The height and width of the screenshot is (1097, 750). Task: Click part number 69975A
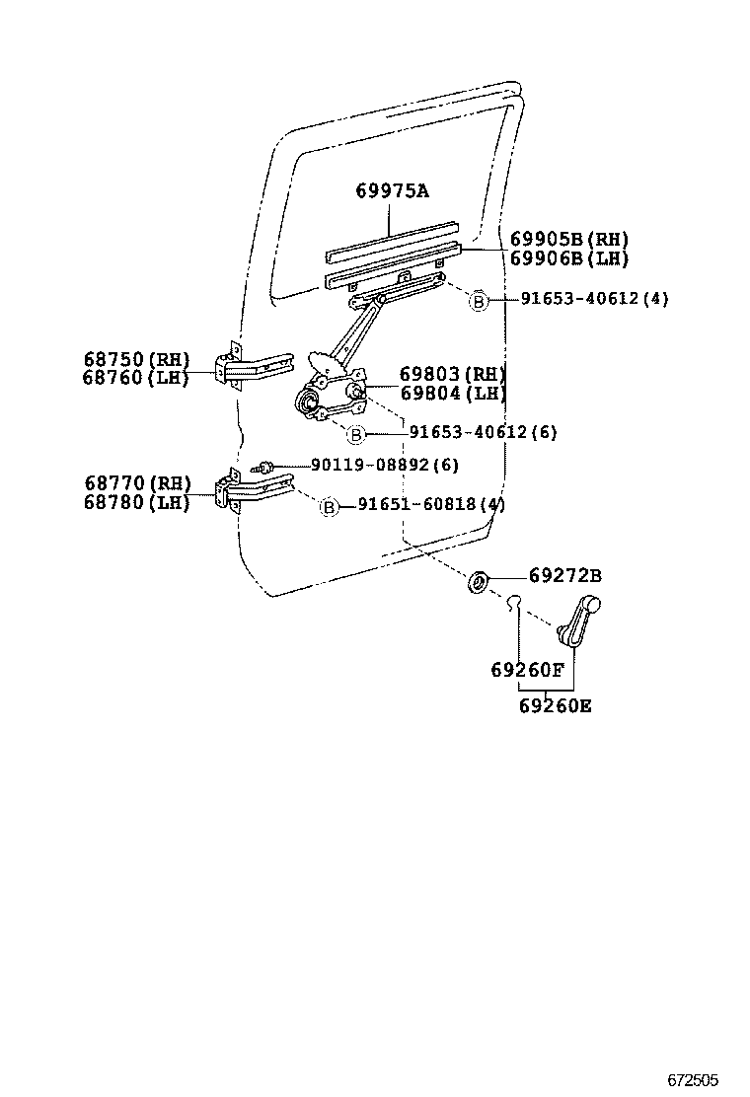pos(392,190)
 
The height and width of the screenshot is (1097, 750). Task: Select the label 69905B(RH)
pos(568,240)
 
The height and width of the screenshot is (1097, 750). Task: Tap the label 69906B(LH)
pos(568,258)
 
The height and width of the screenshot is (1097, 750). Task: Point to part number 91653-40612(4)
pos(593,299)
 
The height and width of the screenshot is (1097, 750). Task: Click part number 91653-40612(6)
pos(483,432)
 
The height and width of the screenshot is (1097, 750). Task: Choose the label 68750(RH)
pos(136,359)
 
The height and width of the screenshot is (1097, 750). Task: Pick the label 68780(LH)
pos(136,502)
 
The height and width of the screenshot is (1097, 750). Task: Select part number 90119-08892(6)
pos(384,465)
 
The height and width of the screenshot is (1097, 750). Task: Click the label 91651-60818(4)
pos(431,505)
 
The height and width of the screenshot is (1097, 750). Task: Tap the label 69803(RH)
pos(452,374)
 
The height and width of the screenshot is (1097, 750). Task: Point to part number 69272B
pos(564,575)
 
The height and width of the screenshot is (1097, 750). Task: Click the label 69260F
pos(527,671)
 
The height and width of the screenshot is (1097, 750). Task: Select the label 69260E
pos(557,705)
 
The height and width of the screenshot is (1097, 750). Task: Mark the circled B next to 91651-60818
pos(330,506)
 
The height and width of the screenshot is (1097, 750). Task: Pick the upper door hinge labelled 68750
pos(252,368)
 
